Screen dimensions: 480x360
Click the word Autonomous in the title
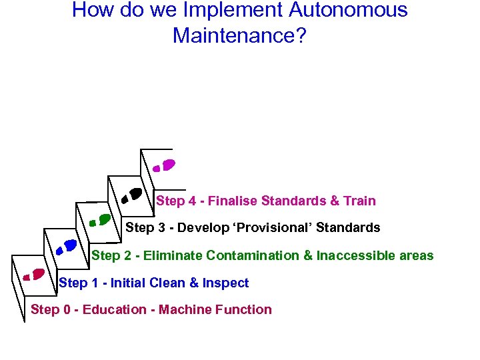click(349, 11)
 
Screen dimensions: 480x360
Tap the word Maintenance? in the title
click(239, 35)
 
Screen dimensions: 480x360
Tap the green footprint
click(99, 219)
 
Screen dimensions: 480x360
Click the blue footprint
click(66, 246)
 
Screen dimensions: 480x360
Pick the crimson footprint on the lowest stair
click(34, 274)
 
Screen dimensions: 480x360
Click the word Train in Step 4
click(359, 201)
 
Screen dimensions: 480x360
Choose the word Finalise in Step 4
click(233, 201)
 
